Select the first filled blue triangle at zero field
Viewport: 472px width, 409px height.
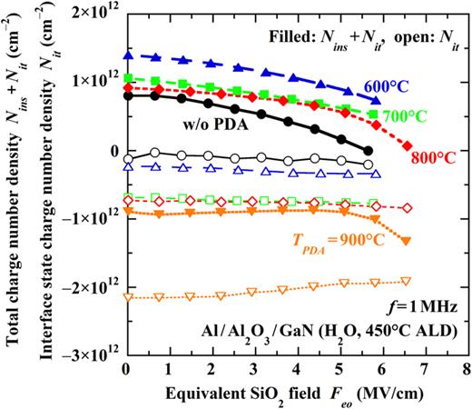pos(128,55)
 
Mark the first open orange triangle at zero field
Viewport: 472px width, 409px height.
pos(128,297)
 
